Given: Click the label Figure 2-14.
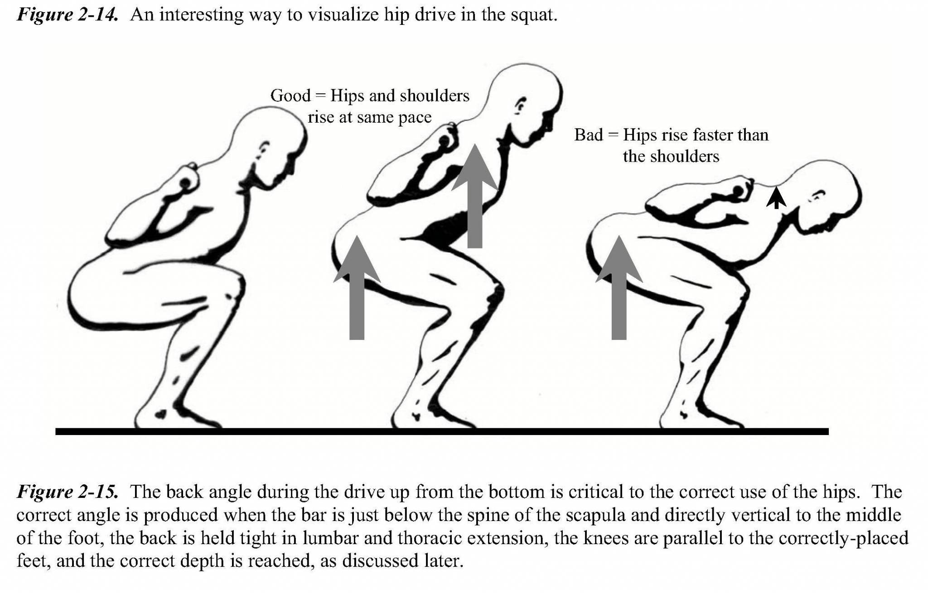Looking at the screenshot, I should (x=67, y=14).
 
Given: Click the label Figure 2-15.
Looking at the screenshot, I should (x=67, y=492).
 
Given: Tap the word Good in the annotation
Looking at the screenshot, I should (x=290, y=96).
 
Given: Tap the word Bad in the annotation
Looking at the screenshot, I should (x=588, y=135).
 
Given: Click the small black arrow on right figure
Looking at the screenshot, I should (x=776, y=198).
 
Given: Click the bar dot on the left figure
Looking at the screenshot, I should (x=185, y=182).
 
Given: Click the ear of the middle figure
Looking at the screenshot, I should (x=521, y=105).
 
